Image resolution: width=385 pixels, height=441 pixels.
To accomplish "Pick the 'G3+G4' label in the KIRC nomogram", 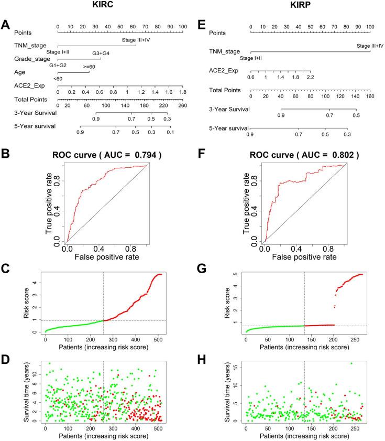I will (101, 53).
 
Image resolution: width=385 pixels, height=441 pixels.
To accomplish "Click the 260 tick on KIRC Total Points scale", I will (182, 105).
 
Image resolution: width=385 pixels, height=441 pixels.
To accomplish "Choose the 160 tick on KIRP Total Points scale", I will (370, 96).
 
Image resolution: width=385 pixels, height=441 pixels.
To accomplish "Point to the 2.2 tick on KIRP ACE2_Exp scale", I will (311, 77).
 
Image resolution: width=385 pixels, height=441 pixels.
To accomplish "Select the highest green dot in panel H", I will (351, 363).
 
